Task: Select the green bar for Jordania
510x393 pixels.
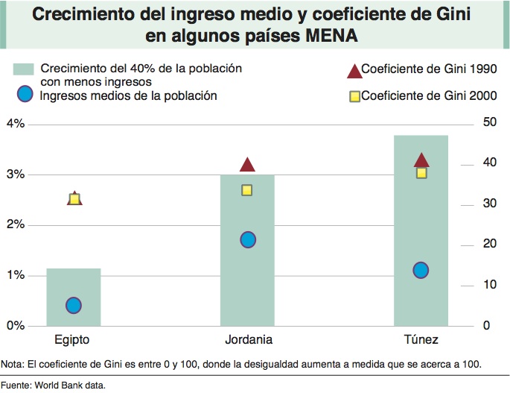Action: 248,283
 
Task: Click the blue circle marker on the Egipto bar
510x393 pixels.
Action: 73,305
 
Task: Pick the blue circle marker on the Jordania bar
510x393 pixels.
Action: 248,239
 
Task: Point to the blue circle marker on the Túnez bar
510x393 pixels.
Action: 421,270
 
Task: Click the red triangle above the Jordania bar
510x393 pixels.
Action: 248,165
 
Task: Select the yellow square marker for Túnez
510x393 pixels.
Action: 421,173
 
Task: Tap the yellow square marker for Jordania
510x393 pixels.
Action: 248,190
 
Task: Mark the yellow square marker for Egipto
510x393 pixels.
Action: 74,199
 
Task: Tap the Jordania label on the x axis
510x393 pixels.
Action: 248,340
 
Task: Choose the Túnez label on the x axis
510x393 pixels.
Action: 421,340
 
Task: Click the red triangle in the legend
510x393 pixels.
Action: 354,72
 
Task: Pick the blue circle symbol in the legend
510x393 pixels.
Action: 25,95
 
